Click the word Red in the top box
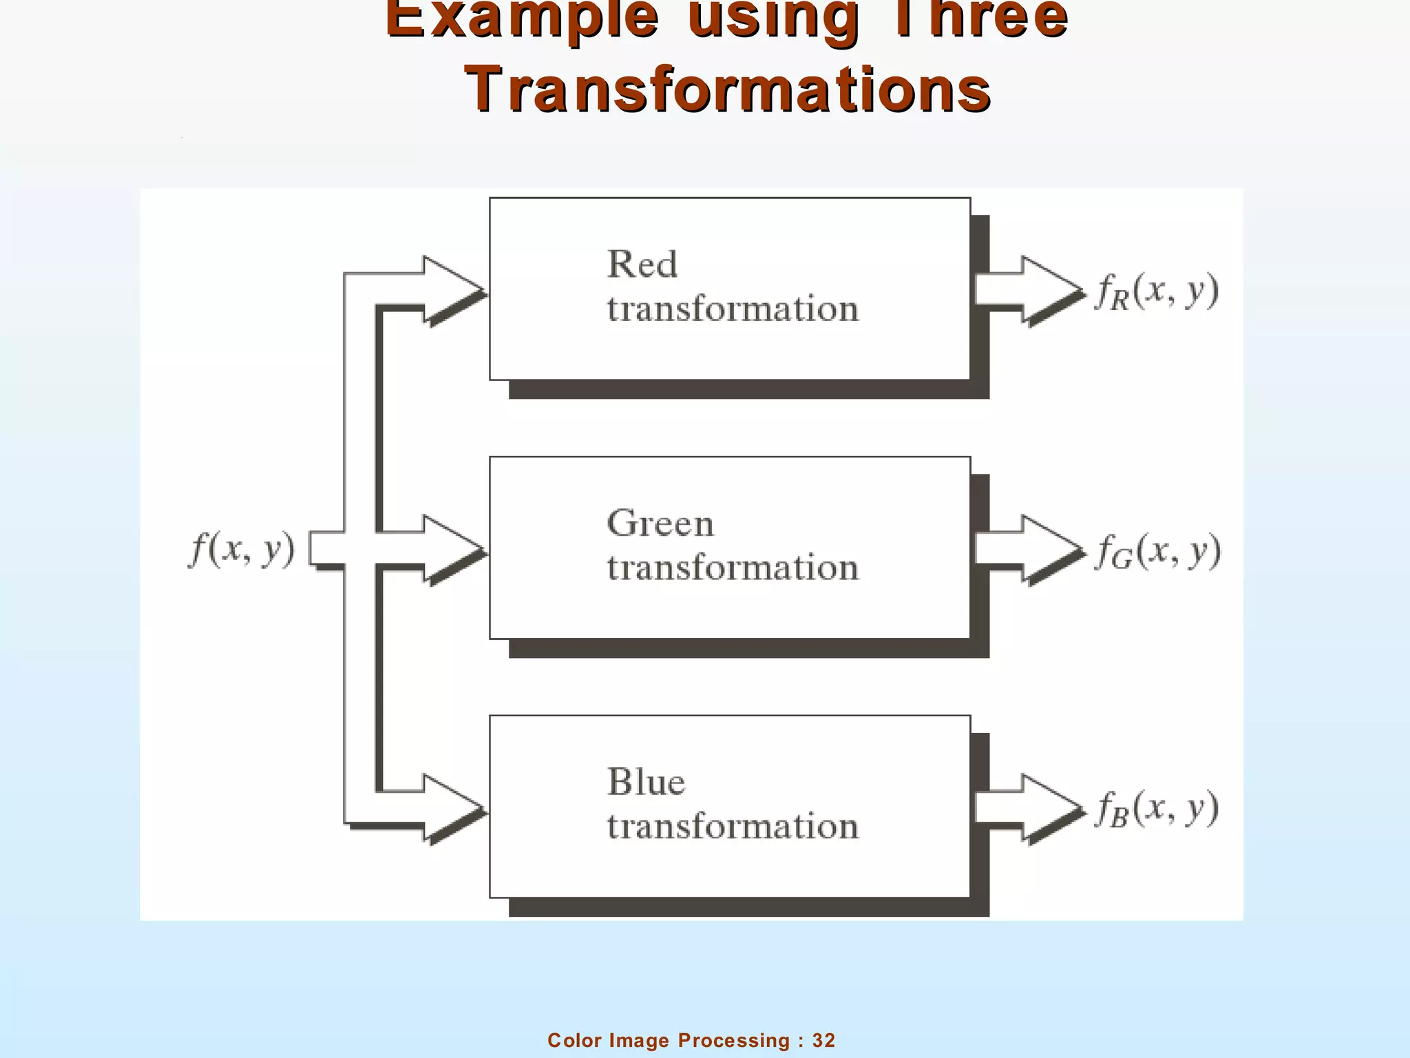click(642, 264)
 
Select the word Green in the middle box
click(660, 523)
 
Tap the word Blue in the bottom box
click(646, 782)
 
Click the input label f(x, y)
click(242, 550)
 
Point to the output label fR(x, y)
click(1157, 291)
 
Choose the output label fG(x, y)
click(1158, 551)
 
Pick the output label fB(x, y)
click(1157, 809)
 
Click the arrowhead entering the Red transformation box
click(451, 289)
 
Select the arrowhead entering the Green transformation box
click(451, 549)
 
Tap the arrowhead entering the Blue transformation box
click(451, 807)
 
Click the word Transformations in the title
click(728, 90)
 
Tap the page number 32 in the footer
click(823, 1040)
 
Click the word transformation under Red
click(733, 309)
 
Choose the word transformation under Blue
click(733, 827)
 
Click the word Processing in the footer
click(734, 1040)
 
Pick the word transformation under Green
click(733, 568)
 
